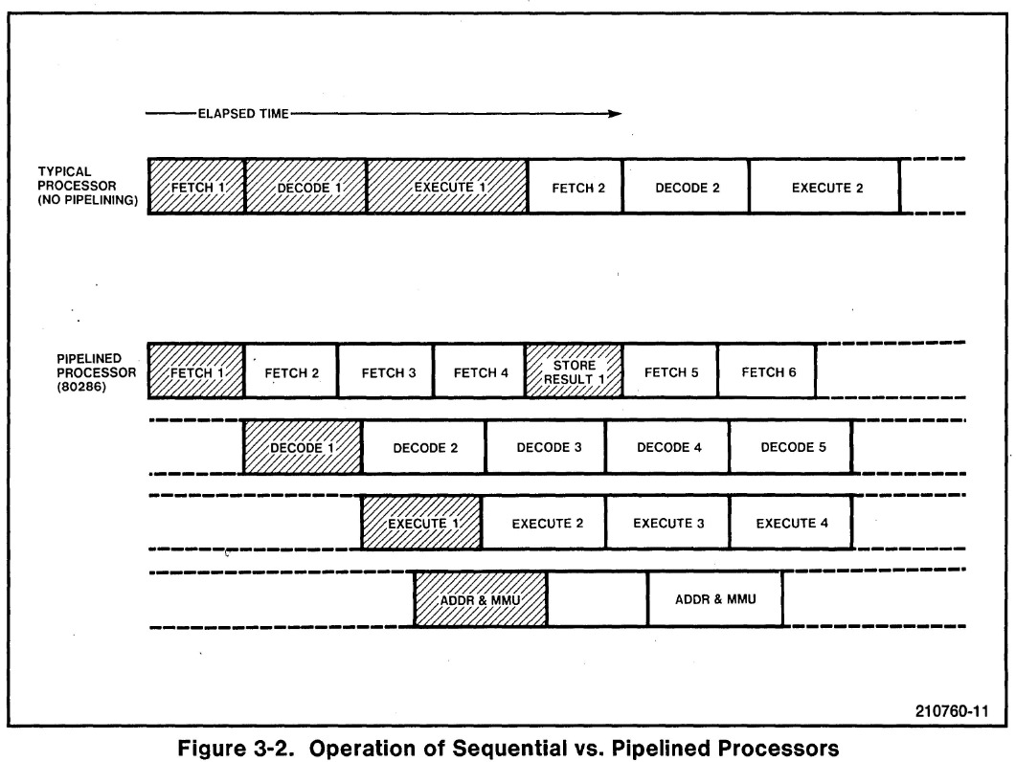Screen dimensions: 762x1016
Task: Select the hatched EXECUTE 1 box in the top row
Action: coord(447,187)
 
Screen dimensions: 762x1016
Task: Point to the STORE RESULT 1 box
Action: coord(575,371)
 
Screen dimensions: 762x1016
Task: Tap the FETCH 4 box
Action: coord(480,371)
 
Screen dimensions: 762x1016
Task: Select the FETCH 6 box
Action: coord(767,371)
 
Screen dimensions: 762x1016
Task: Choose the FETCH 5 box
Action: coord(670,371)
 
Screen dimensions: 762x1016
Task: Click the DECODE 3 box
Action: coord(547,447)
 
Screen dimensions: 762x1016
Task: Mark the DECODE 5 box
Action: coord(790,447)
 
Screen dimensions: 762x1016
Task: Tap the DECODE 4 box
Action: coord(668,447)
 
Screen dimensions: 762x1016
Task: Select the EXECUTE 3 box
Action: coord(668,523)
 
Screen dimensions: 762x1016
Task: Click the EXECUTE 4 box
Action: coord(790,523)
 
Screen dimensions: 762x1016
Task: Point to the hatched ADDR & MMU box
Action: coord(481,600)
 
